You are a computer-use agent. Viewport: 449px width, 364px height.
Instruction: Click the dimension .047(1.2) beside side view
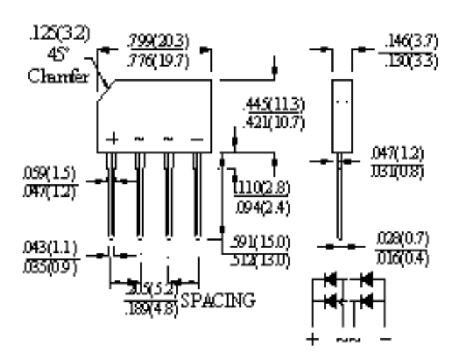pos(399,153)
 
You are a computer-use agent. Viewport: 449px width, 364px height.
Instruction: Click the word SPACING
pos(218,300)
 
